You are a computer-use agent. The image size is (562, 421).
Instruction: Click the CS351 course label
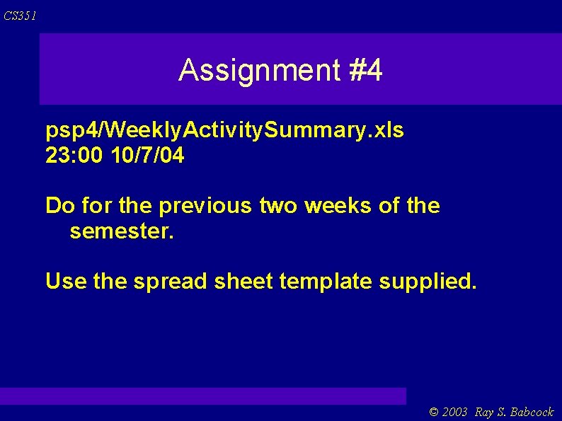19,16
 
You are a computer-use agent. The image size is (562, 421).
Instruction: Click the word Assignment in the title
260,70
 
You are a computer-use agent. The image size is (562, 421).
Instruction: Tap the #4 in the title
365,70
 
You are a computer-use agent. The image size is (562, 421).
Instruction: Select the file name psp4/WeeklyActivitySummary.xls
224,131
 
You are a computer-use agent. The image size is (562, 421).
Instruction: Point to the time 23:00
75,156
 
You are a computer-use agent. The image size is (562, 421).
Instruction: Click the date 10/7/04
148,156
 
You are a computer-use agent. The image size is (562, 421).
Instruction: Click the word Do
60,206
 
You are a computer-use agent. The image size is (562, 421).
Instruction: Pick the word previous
206,206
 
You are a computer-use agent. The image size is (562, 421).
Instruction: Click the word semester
120,231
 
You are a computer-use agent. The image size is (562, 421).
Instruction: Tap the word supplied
428,282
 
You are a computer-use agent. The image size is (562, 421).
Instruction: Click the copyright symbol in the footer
434,412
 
